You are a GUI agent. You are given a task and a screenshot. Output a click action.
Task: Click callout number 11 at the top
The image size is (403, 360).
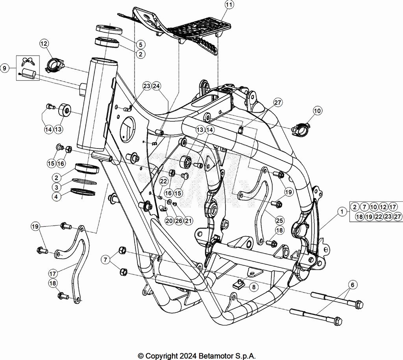pyautogui.click(x=229, y=5)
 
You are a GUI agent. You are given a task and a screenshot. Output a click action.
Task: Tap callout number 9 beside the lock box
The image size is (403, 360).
pyautogui.click(x=5, y=69)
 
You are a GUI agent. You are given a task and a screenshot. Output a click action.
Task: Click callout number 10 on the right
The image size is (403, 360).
pyautogui.click(x=317, y=111)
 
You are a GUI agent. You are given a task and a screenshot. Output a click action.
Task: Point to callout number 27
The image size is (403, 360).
pyautogui.click(x=278, y=103)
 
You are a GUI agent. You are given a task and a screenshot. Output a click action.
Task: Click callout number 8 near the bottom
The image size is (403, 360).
pyautogui.click(x=253, y=287)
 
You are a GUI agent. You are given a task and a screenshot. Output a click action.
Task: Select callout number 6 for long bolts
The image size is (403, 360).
pyautogui.click(x=352, y=284)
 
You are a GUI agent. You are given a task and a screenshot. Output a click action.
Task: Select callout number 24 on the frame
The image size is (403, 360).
pyautogui.click(x=156, y=86)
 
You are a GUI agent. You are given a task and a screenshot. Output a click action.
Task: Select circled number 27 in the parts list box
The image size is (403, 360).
pyautogui.click(x=397, y=216)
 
